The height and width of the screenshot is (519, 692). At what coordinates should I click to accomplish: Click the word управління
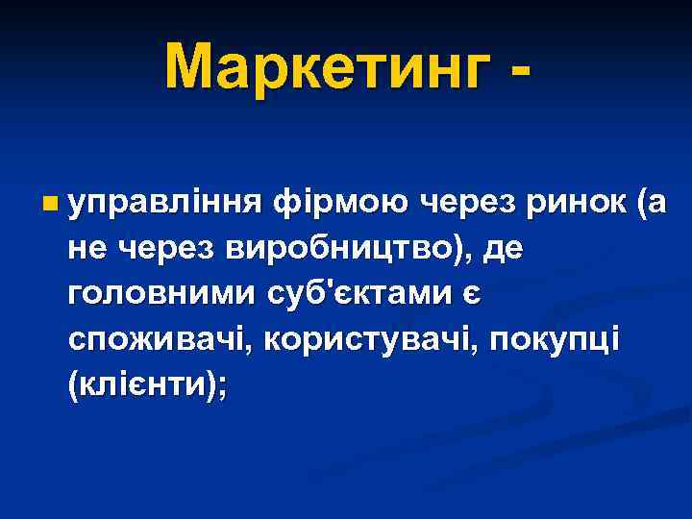tap(163, 204)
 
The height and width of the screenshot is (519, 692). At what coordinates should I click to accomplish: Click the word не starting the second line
tap(88, 251)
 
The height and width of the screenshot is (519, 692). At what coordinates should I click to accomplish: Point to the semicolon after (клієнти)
tap(223, 389)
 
